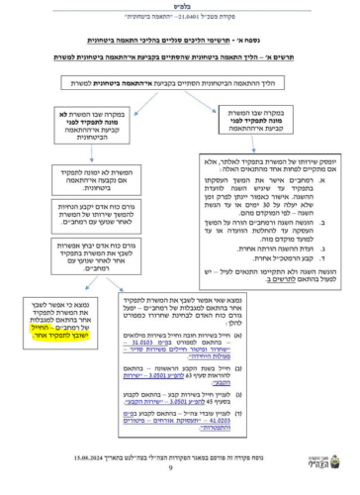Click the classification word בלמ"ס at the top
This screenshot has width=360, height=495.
[179, 6]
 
